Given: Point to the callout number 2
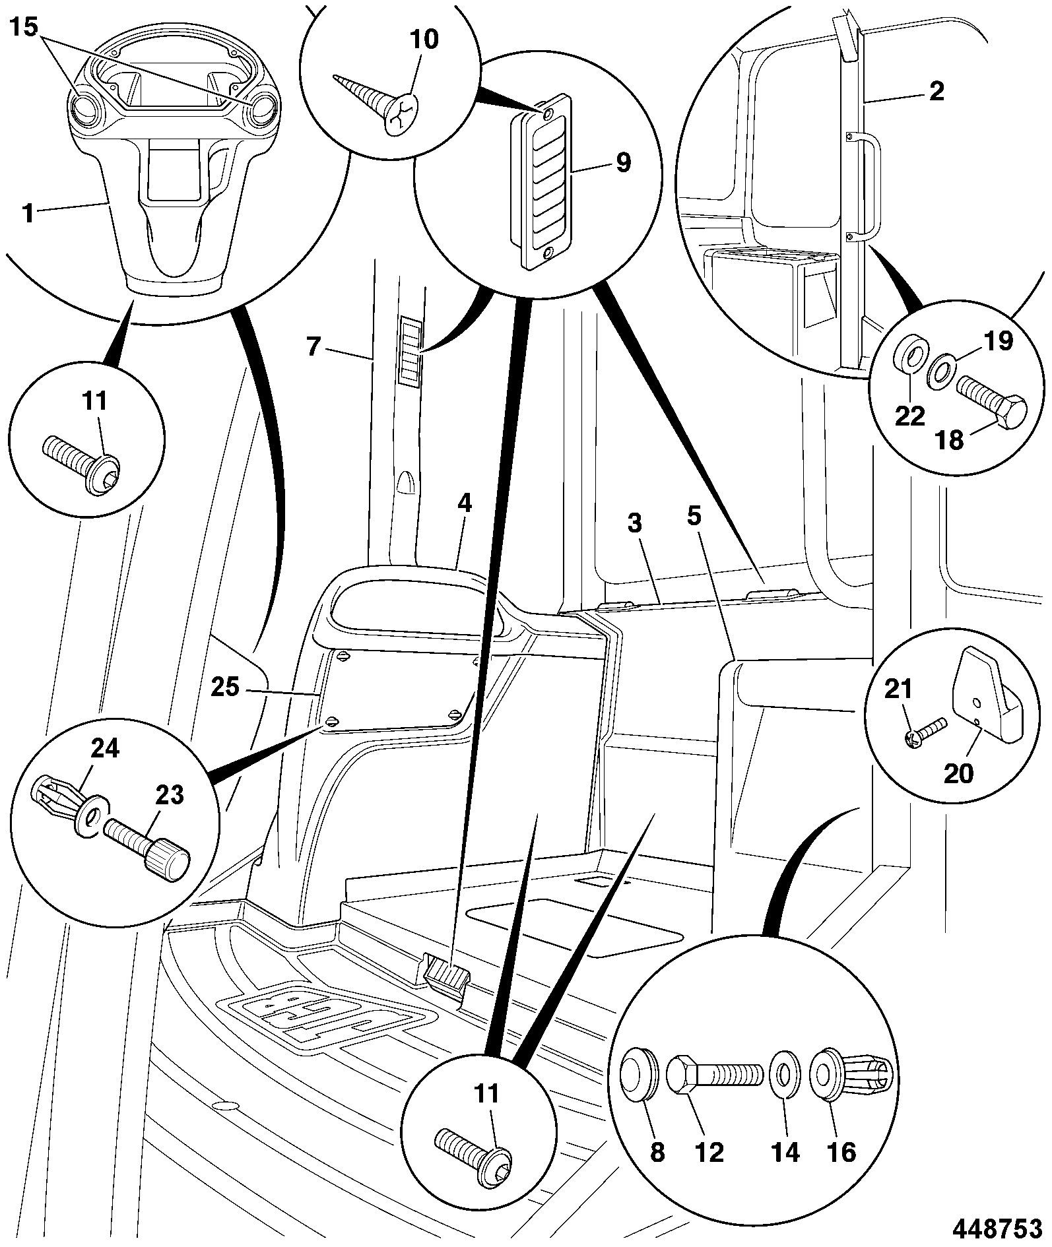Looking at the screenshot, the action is click(937, 91).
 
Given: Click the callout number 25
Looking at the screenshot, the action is click(225, 687).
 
